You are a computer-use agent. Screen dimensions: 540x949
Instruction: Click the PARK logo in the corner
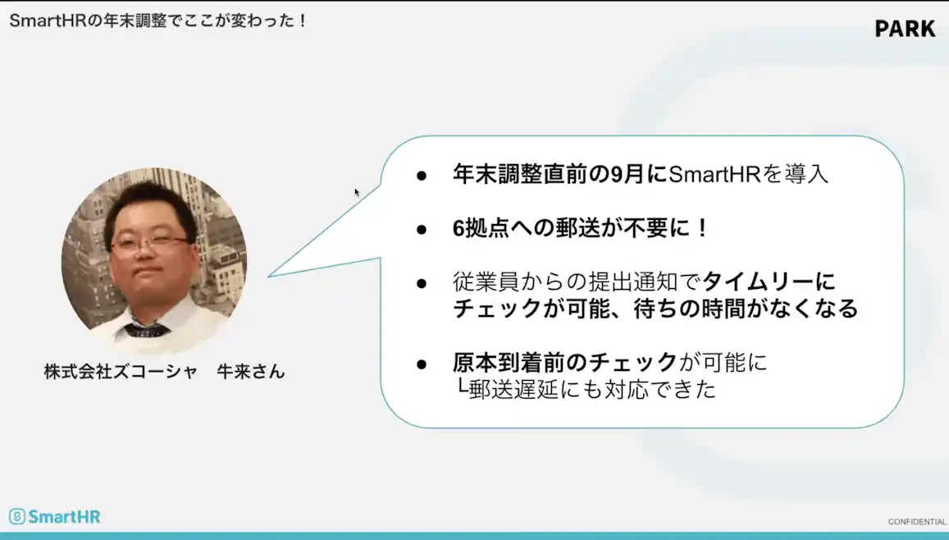click(x=904, y=29)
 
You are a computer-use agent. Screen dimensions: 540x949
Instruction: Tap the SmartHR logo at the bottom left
click(x=54, y=516)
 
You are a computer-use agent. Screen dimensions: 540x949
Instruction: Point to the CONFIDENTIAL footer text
click(x=916, y=522)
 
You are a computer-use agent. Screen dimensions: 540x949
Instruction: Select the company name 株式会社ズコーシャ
click(x=121, y=371)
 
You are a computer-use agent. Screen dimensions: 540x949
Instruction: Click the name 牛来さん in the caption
click(x=250, y=371)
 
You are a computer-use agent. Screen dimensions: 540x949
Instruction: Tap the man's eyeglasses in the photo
click(x=149, y=243)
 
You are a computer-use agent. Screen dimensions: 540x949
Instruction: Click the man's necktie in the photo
click(x=147, y=330)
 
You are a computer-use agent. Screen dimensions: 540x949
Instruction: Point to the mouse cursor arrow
click(x=357, y=192)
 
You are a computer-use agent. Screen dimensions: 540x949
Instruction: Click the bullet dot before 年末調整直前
click(x=422, y=176)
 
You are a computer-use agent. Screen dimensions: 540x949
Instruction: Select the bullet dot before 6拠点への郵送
click(x=422, y=229)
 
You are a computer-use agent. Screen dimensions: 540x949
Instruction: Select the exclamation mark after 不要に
click(x=701, y=228)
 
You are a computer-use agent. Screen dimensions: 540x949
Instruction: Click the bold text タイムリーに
click(x=769, y=281)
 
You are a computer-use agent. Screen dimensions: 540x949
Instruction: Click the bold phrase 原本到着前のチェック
click(x=565, y=362)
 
